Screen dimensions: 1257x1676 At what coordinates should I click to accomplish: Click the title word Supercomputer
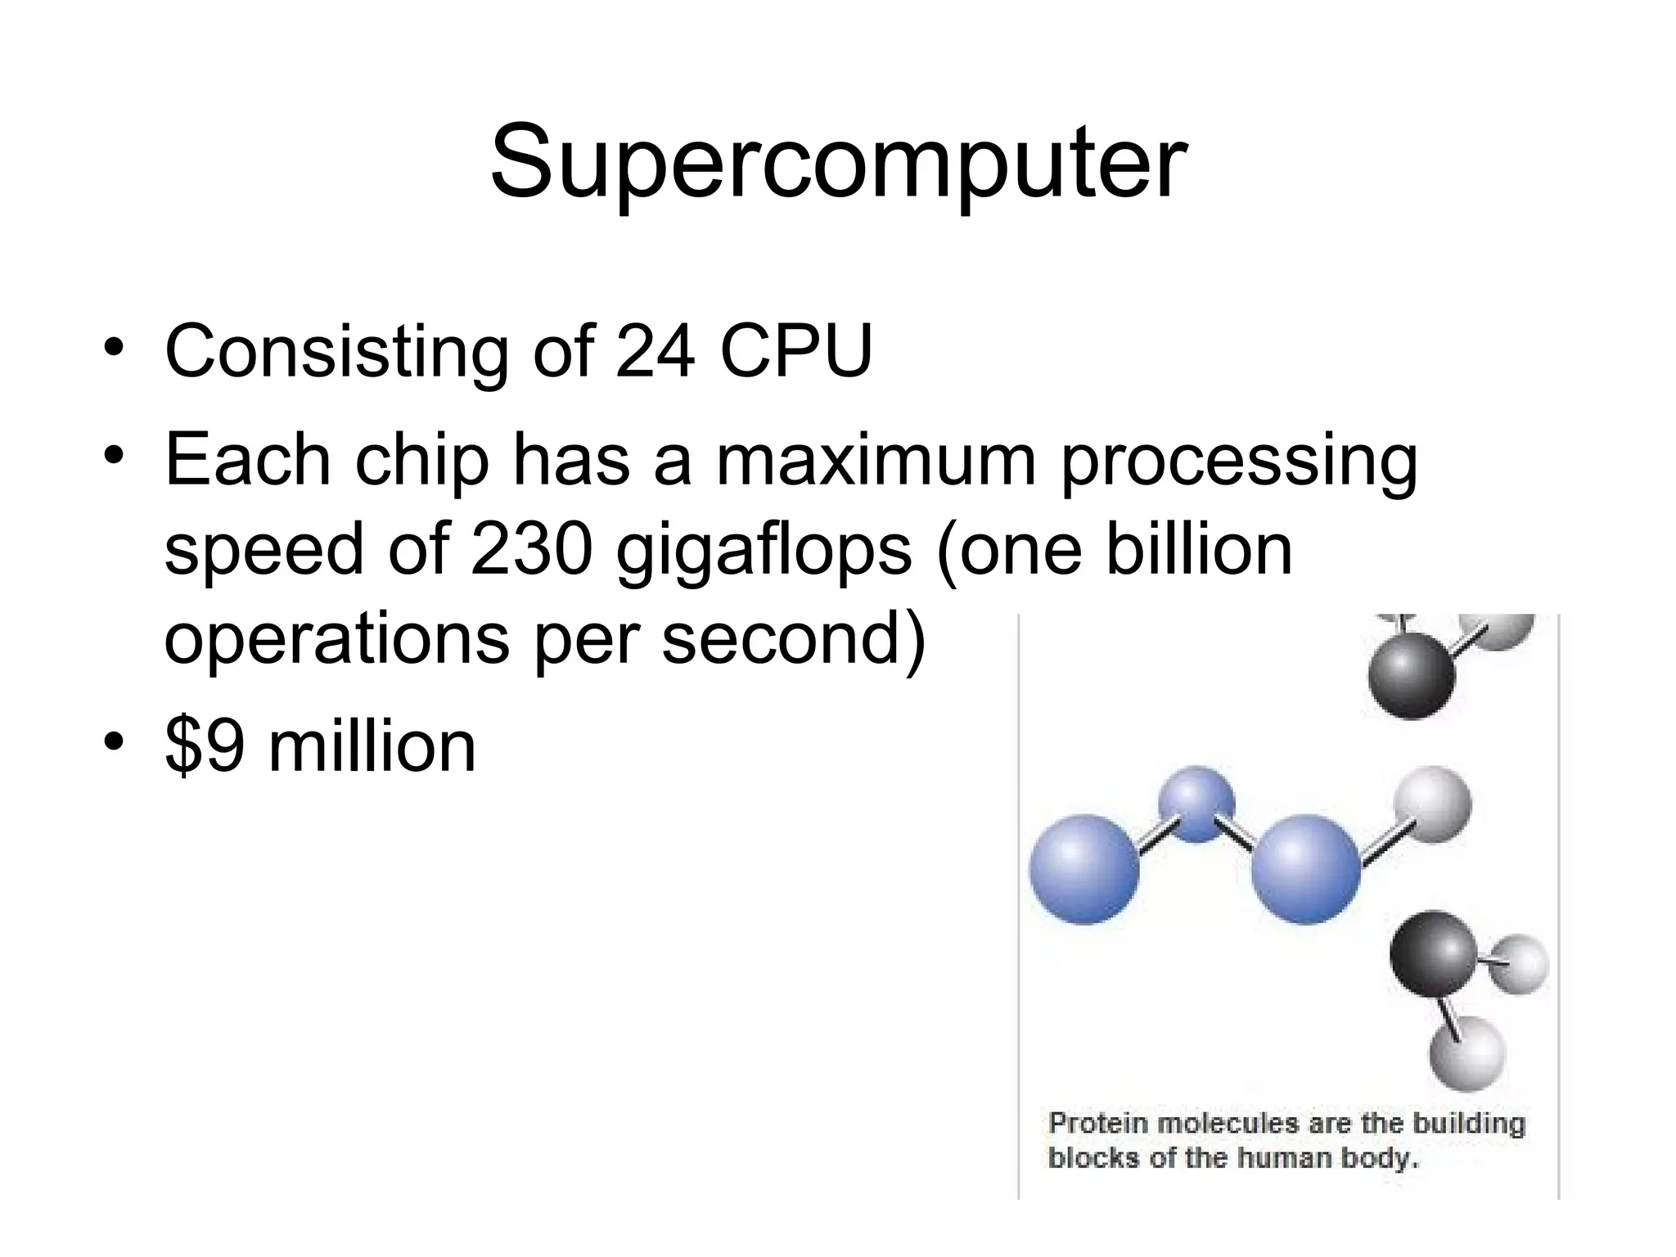click(837, 162)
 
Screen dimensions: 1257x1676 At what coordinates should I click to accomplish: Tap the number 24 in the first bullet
click(656, 351)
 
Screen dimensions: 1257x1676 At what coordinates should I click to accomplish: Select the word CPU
click(796, 351)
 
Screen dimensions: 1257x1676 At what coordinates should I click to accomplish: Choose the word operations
click(336, 640)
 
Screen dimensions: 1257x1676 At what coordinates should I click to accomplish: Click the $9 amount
click(205, 746)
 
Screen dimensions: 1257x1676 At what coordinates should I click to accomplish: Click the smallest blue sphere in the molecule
click(1196, 804)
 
